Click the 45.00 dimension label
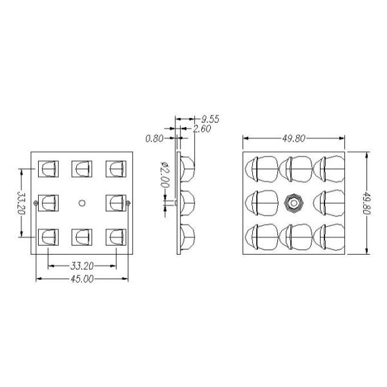pos(82,279)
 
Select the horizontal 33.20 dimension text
pos(82,266)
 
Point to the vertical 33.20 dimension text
pos(22,203)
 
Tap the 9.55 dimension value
pos(210,119)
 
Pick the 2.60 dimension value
pos(202,129)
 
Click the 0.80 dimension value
pos(155,139)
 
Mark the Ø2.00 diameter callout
pos(165,175)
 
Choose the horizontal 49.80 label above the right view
pos(293,139)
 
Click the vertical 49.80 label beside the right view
pos(367,203)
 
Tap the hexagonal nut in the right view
pos(293,203)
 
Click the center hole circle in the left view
pos(82,203)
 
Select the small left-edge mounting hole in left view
pos(35,203)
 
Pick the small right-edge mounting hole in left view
pos(128,203)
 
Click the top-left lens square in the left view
pos(48,169)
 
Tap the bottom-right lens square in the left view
pos(116,237)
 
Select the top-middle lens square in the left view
pos(82,169)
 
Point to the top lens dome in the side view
pos(188,169)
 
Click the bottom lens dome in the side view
pos(188,237)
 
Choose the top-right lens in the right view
pos(329,169)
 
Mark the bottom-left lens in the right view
pos(262,237)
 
